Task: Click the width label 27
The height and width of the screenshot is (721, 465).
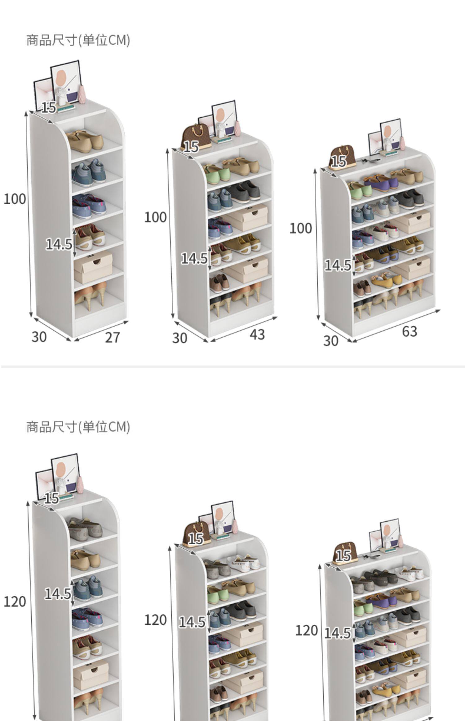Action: click(x=112, y=338)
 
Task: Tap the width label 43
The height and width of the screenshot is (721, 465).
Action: click(x=257, y=334)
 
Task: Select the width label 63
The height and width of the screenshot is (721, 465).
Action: click(x=410, y=332)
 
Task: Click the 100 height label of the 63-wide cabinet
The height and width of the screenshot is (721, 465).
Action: click(x=300, y=229)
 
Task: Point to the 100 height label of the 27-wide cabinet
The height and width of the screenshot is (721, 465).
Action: click(x=15, y=199)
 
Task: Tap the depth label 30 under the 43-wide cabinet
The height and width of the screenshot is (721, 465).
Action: click(x=180, y=338)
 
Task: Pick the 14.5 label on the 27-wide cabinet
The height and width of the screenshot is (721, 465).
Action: click(x=59, y=244)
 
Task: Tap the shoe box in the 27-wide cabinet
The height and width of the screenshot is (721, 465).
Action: click(x=93, y=267)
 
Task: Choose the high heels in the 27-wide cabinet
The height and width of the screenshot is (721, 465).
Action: click(x=90, y=295)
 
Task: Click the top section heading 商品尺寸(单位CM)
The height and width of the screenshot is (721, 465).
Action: click(x=78, y=40)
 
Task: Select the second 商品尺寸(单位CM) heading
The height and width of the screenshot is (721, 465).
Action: click(x=78, y=427)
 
